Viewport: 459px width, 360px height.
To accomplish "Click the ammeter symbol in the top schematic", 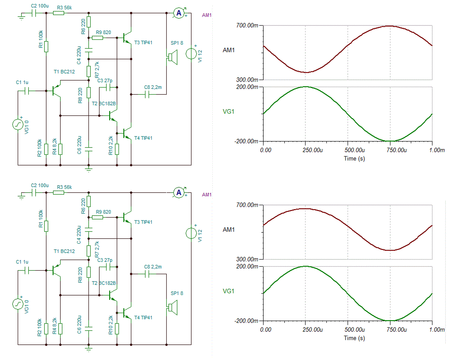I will tap(179, 13).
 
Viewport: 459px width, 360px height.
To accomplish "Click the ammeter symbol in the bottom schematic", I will tap(179, 192).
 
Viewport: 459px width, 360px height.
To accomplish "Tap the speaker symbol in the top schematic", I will tap(171, 57).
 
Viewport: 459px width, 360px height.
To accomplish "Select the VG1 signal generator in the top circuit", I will tap(18, 124).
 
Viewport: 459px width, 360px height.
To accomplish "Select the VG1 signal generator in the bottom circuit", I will tap(18, 304).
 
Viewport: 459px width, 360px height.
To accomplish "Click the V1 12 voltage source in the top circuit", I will tap(191, 54).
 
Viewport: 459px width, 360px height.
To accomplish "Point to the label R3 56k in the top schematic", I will tap(65, 8).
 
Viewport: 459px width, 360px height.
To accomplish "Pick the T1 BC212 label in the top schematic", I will tap(64, 72).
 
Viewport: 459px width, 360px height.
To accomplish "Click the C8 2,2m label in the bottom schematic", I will tap(153, 267).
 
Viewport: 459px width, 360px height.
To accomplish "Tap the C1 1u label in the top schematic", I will tap(22, 83).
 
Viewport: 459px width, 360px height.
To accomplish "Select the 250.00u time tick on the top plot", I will tap(305, 150).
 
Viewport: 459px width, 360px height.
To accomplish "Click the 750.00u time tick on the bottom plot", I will tap(390, 329).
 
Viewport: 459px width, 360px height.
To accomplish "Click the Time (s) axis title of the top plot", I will tap(355, 158).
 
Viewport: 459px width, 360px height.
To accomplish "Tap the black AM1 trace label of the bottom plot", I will tap(229, 230).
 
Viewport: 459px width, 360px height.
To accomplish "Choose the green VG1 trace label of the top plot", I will tap(229, 111).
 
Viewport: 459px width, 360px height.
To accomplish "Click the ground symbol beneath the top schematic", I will tap(88, 169).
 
